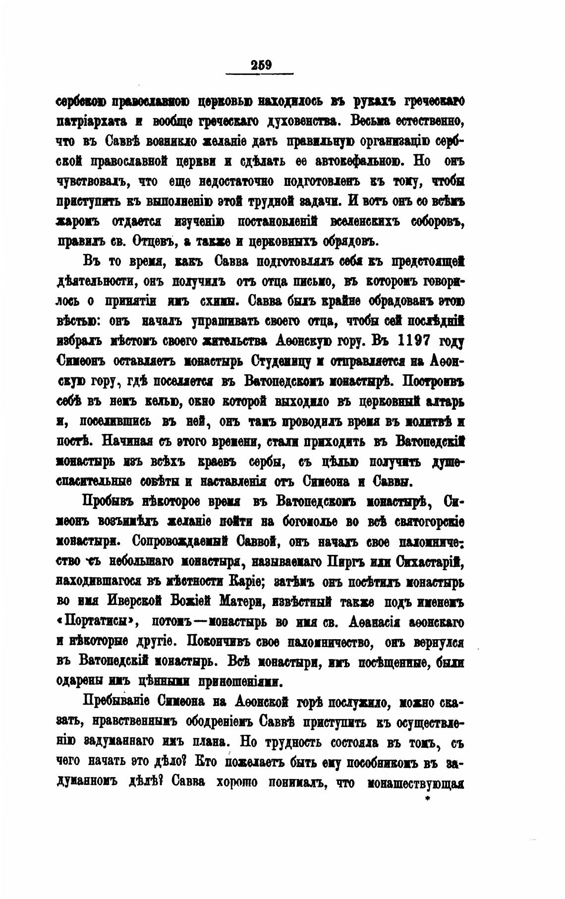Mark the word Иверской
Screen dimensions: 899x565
pos(134,601)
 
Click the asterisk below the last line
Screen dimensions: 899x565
pos(427,799)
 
